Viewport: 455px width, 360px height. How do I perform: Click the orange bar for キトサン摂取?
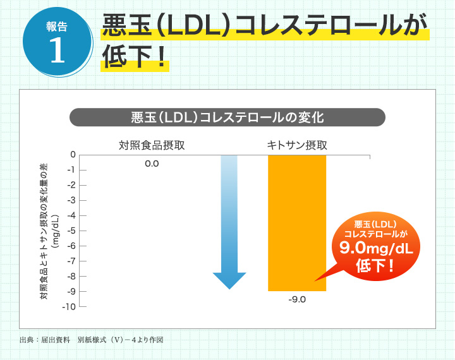(297, 223)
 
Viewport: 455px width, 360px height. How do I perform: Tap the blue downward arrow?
(229, 222)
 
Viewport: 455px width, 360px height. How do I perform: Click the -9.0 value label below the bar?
(297, 299)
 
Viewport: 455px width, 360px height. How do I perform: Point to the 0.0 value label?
(152, 164)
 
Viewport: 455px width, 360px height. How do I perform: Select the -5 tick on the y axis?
(71, 231)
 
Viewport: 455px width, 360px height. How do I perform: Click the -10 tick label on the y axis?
(69, 306)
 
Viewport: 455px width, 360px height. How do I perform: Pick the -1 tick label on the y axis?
(71, 170)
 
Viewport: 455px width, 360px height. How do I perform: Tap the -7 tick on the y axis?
(71, 261)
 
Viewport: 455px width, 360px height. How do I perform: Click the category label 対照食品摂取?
(152, 145)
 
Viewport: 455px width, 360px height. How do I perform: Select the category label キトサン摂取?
(297, 145)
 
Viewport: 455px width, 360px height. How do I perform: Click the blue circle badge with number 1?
(57, 42)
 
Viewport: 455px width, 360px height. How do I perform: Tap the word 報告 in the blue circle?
(57, 27)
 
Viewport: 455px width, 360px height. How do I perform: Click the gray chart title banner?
(227, 117)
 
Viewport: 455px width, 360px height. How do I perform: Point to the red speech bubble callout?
(376, 246)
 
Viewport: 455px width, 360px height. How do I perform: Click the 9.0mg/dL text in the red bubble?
(376, 248)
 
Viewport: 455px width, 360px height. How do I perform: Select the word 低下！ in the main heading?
(135, 56)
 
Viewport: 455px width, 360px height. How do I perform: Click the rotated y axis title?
(49, 231)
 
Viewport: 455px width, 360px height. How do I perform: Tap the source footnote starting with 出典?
(92, 340)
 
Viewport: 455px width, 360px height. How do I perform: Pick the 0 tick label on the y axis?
(73, 155)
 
